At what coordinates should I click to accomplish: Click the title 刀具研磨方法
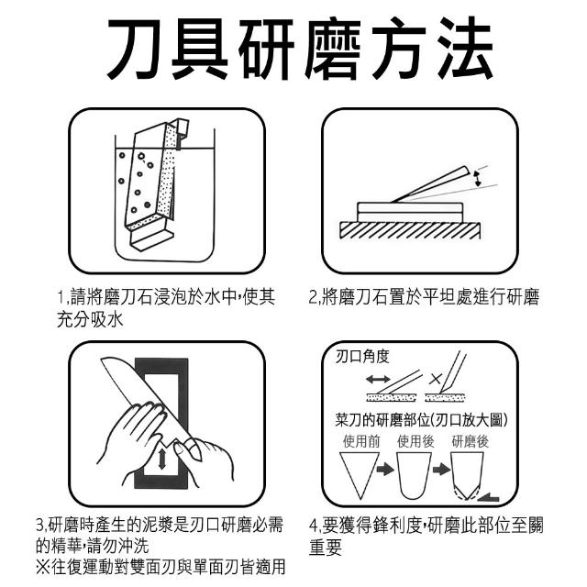click(x=300, y=49)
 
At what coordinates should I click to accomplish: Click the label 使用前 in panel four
click(x=360, y=441)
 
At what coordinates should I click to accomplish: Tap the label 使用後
click(x=415, y=441)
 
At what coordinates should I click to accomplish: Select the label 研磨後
click(x=471, y=441)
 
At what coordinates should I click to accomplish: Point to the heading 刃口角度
click(x=362, y=357)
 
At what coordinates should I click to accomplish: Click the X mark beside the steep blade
click(x=436, y=379)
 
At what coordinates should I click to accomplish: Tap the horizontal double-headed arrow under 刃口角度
click(x=378, y=380)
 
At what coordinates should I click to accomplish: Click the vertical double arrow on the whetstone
click(x=161, y=459)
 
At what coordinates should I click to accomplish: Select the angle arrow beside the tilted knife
click(x=478, y=179)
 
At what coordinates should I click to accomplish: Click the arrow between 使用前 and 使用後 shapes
click(x=385, y=470)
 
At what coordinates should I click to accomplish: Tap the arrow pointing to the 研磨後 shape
click(x=441, y=470)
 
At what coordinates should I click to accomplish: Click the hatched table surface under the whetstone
click(x=410, y=230)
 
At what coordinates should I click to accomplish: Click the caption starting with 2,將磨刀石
click(x=424, y=297)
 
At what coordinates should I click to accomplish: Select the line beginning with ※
click(x=161, y=567)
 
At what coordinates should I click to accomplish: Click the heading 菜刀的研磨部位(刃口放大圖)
click(x=422, y=420)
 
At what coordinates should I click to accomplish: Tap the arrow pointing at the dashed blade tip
click(x=489, y=498)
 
